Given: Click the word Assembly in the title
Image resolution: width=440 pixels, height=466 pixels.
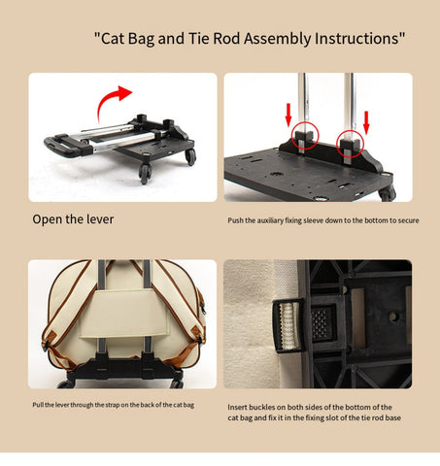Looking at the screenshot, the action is (x=278, y=39).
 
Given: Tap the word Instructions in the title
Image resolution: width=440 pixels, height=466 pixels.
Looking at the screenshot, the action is (x=357, y=38).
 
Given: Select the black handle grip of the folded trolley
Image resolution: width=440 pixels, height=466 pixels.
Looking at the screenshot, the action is (x=66, y=146).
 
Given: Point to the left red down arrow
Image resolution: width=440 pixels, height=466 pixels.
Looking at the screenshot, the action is (x=288, y=117).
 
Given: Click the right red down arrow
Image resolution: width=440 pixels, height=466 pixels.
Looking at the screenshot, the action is (x=366, y=122).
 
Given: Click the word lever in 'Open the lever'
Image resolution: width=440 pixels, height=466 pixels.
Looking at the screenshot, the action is (x=100, y=219).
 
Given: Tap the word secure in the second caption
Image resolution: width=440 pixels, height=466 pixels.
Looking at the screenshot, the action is (x=409, y=220).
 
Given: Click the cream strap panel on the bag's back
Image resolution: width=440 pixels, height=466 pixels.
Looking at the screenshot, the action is (x=125, y=314).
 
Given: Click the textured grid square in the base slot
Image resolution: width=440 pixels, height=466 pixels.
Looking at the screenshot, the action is (x=320, y=324).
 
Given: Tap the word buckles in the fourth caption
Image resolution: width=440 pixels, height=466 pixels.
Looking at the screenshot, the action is (x=262, y=407).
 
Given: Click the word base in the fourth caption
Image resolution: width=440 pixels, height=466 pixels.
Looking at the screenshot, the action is (x=393, y=417).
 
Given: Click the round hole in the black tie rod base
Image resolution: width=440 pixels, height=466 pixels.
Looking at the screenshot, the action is (x=393, y=316).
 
